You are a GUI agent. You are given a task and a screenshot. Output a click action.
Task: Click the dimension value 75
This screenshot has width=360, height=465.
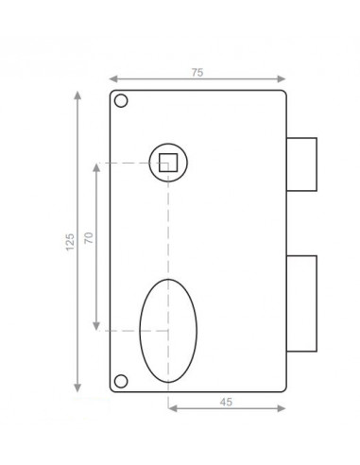click(197, 73)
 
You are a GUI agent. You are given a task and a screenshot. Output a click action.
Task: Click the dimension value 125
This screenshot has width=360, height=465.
click(70, 242)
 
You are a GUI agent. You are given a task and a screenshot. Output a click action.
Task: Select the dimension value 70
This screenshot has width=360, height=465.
click(89, 237)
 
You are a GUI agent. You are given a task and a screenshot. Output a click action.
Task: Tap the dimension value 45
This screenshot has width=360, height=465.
click(226, 402)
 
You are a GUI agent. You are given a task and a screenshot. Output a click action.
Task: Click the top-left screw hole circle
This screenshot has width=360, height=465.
click(121, 101)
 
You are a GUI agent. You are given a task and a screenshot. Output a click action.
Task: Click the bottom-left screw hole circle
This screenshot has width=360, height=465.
click(121, 381)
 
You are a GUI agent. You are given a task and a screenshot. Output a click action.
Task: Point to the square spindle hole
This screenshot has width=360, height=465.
click(168, 163)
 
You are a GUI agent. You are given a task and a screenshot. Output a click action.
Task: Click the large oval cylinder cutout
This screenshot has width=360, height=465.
click(168, 331)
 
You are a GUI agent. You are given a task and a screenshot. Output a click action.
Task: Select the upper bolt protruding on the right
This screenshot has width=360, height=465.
click(301, 164)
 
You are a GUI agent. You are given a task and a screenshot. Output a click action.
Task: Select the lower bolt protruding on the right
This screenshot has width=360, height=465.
click(301, 303)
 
